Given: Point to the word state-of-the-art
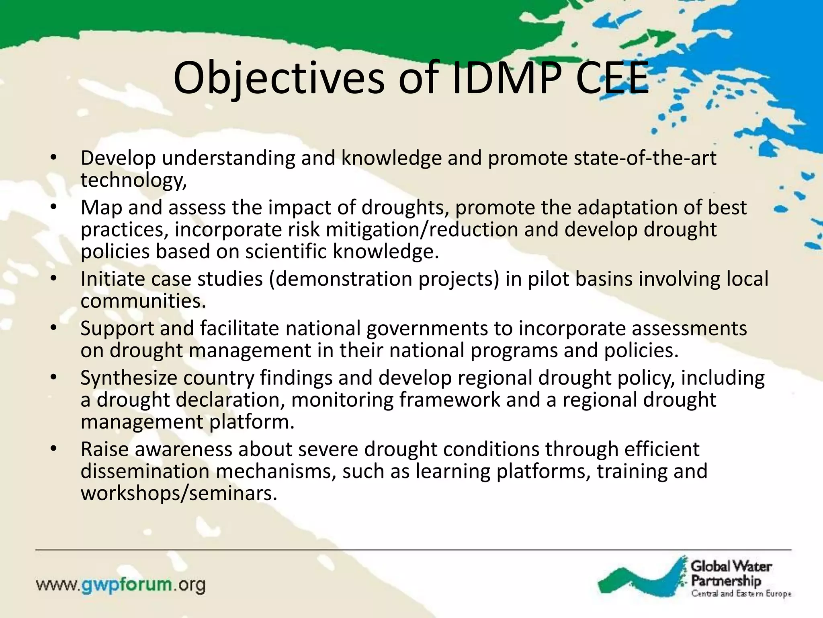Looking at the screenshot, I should click(645, 158).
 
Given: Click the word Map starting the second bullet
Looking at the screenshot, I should click(101, 208).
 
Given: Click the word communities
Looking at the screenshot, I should click(143, 301).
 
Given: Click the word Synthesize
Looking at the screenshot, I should click(129, 378).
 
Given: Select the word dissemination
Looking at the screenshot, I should click(145, 472).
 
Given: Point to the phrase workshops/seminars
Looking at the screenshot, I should click(179, 493).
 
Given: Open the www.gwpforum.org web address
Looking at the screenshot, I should click(121, 585).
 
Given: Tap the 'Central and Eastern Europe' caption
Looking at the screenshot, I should click(741, 593).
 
